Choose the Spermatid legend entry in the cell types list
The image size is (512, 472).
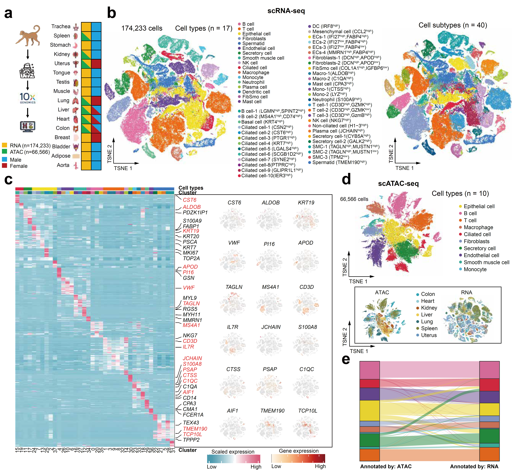pyautogui.click(x=253, y=43)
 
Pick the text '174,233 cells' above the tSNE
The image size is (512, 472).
pyautogui.click(x=142, y=28)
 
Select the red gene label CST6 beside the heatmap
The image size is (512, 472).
pyautogui.click(x=190, y=200)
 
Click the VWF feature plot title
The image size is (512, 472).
pyautogui.click(x=234, y=243)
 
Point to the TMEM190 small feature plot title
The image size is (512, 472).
pyautogui.click(x=272, y=411)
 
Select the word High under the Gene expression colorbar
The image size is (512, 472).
pyautogui.click(x=320, y=466)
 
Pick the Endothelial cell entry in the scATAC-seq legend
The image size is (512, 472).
pyautogui.click(x=481, y=255)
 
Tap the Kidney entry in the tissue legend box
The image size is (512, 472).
pyautogui.click(x=429, y=308)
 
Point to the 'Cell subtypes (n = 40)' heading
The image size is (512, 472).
pyautogui.click(x=453, y=25)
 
